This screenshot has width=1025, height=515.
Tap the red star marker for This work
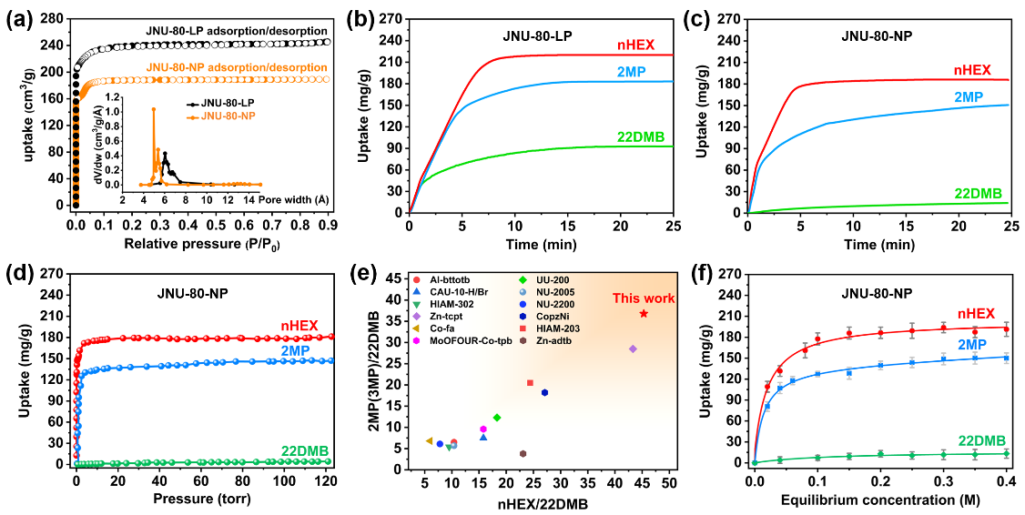click(x=644, y=313)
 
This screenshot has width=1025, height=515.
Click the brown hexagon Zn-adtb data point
click(x=523, y=453)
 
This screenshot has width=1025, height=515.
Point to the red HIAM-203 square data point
click(x=530, y=383)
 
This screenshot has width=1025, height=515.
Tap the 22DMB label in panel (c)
click(x=979, y=193)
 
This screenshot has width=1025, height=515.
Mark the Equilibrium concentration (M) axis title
click(x=880, y=499)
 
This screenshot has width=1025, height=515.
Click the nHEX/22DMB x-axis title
click(x=543, y=503)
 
